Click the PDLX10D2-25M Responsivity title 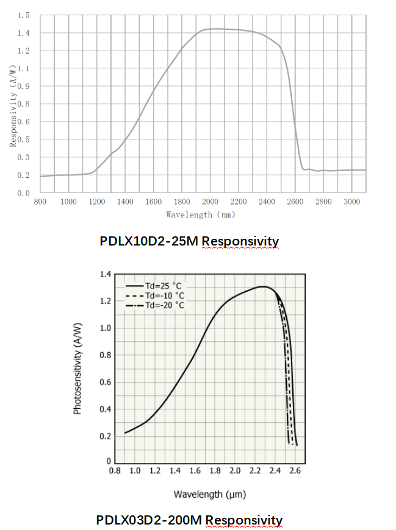189,241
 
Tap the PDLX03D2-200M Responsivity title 189,520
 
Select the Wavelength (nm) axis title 201,214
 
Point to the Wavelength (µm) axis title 209,493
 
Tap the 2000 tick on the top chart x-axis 210,202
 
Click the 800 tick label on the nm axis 40,202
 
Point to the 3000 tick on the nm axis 352,202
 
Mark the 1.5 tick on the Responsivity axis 24,15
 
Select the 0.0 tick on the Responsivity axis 24,193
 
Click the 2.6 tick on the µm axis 295,470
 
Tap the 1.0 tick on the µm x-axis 135,470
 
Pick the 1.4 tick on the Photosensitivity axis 105,275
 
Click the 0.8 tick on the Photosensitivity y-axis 105,355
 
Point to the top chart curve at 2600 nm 295,122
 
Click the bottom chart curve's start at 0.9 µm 125,433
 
